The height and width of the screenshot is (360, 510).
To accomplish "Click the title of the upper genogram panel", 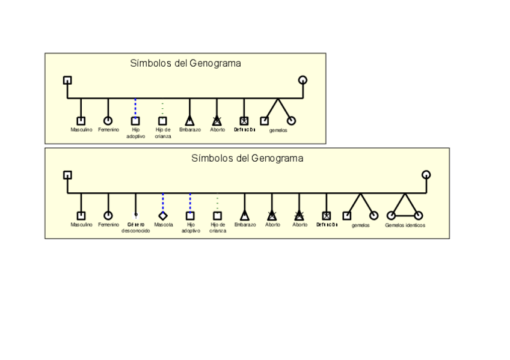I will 185,63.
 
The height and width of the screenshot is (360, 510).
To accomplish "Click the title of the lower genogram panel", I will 247,159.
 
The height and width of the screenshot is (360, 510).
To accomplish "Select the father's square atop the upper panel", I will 67,80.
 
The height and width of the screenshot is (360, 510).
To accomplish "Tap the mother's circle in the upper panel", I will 303,80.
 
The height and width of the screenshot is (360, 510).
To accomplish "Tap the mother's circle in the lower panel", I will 426,175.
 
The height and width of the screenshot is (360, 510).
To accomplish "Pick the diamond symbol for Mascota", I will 163,215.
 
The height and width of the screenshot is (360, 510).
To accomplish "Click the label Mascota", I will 163,225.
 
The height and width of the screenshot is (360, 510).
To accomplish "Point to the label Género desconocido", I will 136,228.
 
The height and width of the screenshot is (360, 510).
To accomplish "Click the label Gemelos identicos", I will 405,225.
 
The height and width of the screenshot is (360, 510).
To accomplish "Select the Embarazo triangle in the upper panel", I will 190,121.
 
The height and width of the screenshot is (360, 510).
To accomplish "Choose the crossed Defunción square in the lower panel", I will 327,215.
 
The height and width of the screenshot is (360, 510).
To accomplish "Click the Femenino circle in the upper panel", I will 108,121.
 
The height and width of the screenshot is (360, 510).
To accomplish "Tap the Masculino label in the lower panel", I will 81,225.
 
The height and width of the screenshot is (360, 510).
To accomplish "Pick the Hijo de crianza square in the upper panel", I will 163,121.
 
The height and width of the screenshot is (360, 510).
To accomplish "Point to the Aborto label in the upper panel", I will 217,130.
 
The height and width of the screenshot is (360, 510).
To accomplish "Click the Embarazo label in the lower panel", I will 245,225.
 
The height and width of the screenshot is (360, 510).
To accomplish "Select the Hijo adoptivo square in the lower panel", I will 190,215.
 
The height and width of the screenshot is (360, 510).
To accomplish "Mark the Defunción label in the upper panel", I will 244,130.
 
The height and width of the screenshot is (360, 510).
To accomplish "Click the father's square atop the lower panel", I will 67,175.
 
